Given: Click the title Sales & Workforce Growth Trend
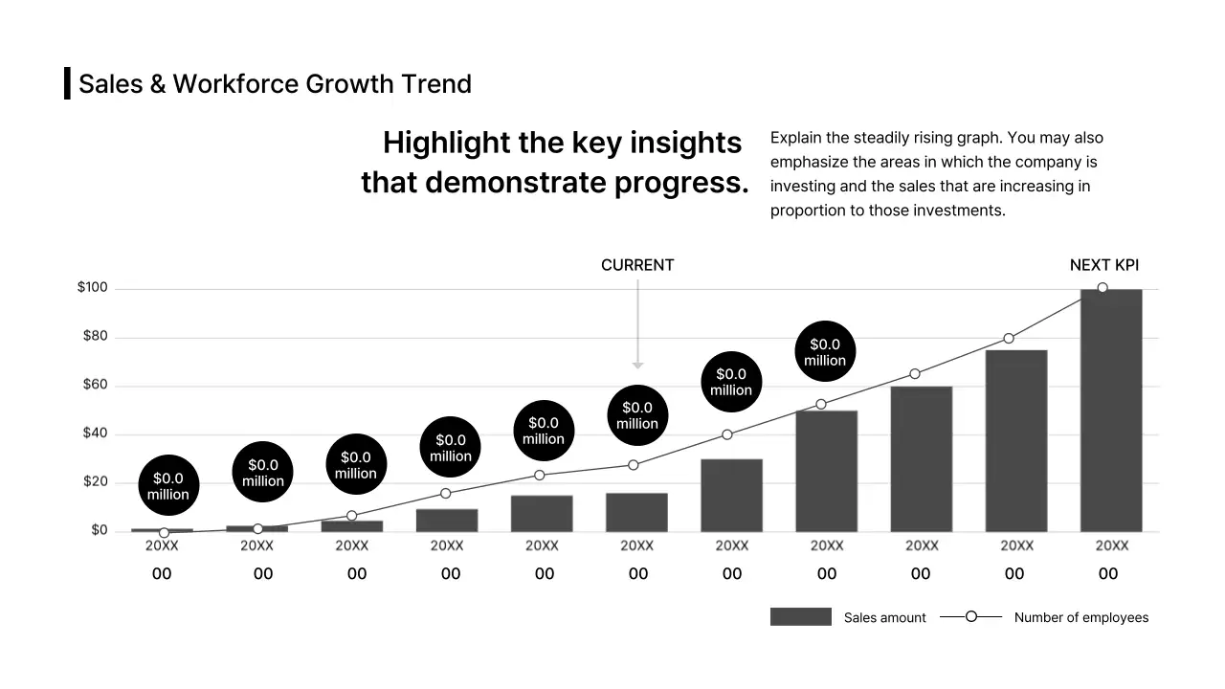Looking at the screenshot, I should click(275, 84).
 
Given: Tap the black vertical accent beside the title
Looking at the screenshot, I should click(67, 83).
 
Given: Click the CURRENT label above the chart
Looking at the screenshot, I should click(637, 265).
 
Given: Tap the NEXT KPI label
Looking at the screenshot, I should click(1103, 265).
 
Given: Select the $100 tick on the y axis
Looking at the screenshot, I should click(93, 288).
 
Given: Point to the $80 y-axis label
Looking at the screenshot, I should click(95, 337).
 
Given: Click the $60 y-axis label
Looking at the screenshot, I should click(95, 385).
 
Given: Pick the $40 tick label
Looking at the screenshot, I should click(95, 433).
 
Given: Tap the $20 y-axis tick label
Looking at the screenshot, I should click(95, 481).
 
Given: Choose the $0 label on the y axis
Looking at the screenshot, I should click(99, 530).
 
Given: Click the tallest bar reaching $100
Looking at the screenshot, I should click(1111, 411).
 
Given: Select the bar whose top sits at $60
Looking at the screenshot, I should click(921, 459).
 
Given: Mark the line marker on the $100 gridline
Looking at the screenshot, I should click(1102, 288).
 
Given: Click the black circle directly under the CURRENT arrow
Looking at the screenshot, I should click(637, 415).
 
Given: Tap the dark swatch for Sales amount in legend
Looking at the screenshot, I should click(800, 617).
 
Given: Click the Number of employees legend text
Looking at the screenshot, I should click(1080, 618).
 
